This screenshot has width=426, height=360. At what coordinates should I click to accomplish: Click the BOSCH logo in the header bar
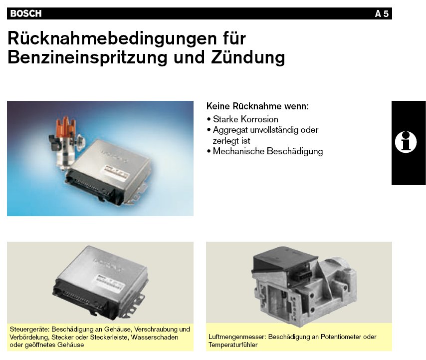[26, 13]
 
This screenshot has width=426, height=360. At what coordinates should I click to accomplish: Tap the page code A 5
[382, 14]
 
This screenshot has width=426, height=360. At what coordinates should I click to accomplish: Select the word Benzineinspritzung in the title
[87, 57]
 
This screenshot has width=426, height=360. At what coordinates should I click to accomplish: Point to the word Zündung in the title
[248, 57]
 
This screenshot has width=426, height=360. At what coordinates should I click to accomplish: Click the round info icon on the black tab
[406, 142]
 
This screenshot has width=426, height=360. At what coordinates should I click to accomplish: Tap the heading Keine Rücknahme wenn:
[257, 106]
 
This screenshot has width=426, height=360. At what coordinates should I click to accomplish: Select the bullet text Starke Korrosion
[245, 119]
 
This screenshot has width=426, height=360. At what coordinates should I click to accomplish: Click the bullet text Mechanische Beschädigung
[267, 151]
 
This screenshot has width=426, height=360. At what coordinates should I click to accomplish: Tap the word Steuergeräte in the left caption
[29, 330]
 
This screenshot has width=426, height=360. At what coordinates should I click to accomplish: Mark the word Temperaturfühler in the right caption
[233, 345]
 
